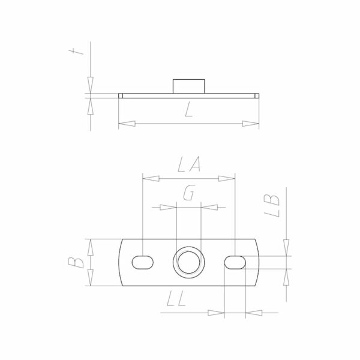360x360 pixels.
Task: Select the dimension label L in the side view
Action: (188, 110)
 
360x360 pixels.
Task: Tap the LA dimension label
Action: (189, 164)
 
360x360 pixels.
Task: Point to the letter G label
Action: (189, 193)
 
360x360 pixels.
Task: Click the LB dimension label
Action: (272, 206)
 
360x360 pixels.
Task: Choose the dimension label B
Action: (76, 263)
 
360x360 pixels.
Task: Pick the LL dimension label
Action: (176, 299)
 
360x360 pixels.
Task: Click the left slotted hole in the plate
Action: (143, 262)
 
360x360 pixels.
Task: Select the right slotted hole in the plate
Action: (235, 262)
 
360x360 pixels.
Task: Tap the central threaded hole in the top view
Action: (189, 262)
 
